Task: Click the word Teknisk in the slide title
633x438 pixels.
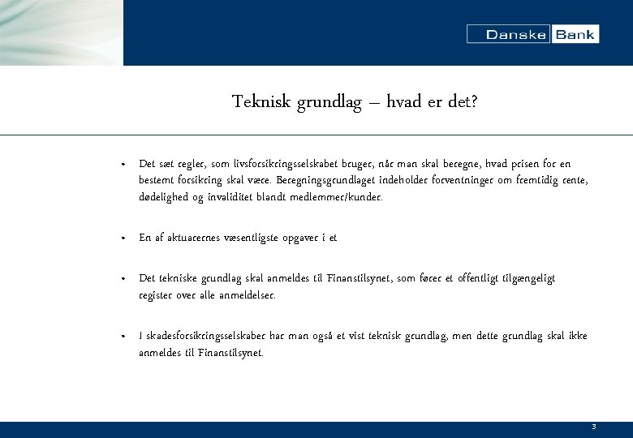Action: pyautogui.click(x=259, y=101)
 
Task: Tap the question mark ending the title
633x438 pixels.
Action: pyautogui.click(x=474, y=101)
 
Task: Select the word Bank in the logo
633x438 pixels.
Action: pyautogui.click(x=575, y=34)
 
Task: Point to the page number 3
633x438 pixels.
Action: pyautogui.click(x=594, y=427)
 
